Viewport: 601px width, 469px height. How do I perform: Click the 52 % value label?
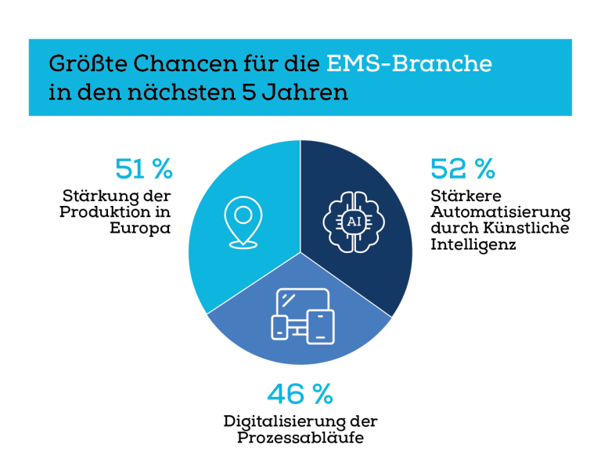pyautogui.click(x=462, y=168)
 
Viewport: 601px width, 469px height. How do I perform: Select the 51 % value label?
pyautogui.click(x=143, y=168)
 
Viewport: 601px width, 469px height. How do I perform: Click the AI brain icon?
pyautogui.click(x=354, y=221)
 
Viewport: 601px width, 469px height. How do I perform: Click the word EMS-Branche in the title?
pyautogui.click(x=409, y=63)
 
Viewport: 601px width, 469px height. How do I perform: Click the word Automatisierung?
pyautogui.click(x=500, y=212)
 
